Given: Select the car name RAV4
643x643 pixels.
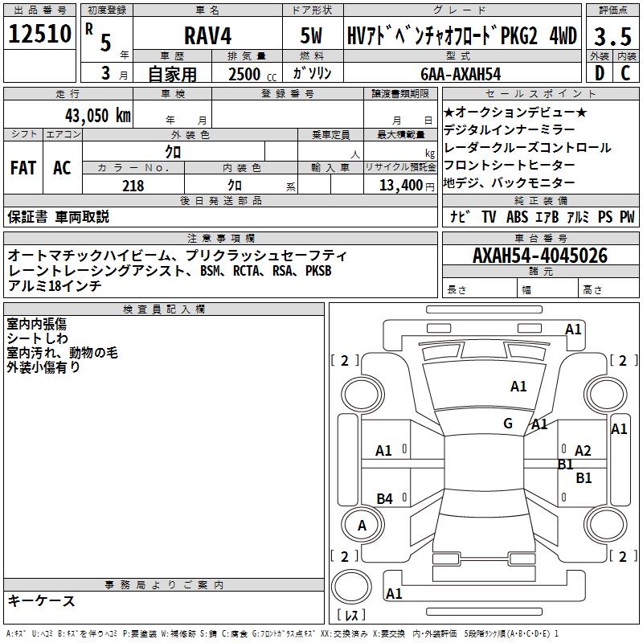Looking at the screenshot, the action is coord(207,35).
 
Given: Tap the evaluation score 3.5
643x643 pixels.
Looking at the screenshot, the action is coord(612,35).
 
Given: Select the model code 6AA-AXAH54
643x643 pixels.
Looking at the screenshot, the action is coord(461,73).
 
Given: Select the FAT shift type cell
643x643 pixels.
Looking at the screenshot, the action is coord(23,168).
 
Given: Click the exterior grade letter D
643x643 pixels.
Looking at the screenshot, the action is coord(598,73).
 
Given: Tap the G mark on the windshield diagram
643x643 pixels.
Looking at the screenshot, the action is coord(508,423).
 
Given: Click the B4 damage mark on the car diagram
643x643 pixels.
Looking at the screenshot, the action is coord(385,499).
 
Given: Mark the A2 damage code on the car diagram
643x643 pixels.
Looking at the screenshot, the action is coord(583,451).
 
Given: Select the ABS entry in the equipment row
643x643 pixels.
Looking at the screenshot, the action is coord(517,216).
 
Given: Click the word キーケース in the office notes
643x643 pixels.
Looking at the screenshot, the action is coord(41,601).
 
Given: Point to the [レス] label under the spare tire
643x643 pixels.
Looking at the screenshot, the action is coord(350,616).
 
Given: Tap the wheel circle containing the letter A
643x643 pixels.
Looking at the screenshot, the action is coord(362,526).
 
